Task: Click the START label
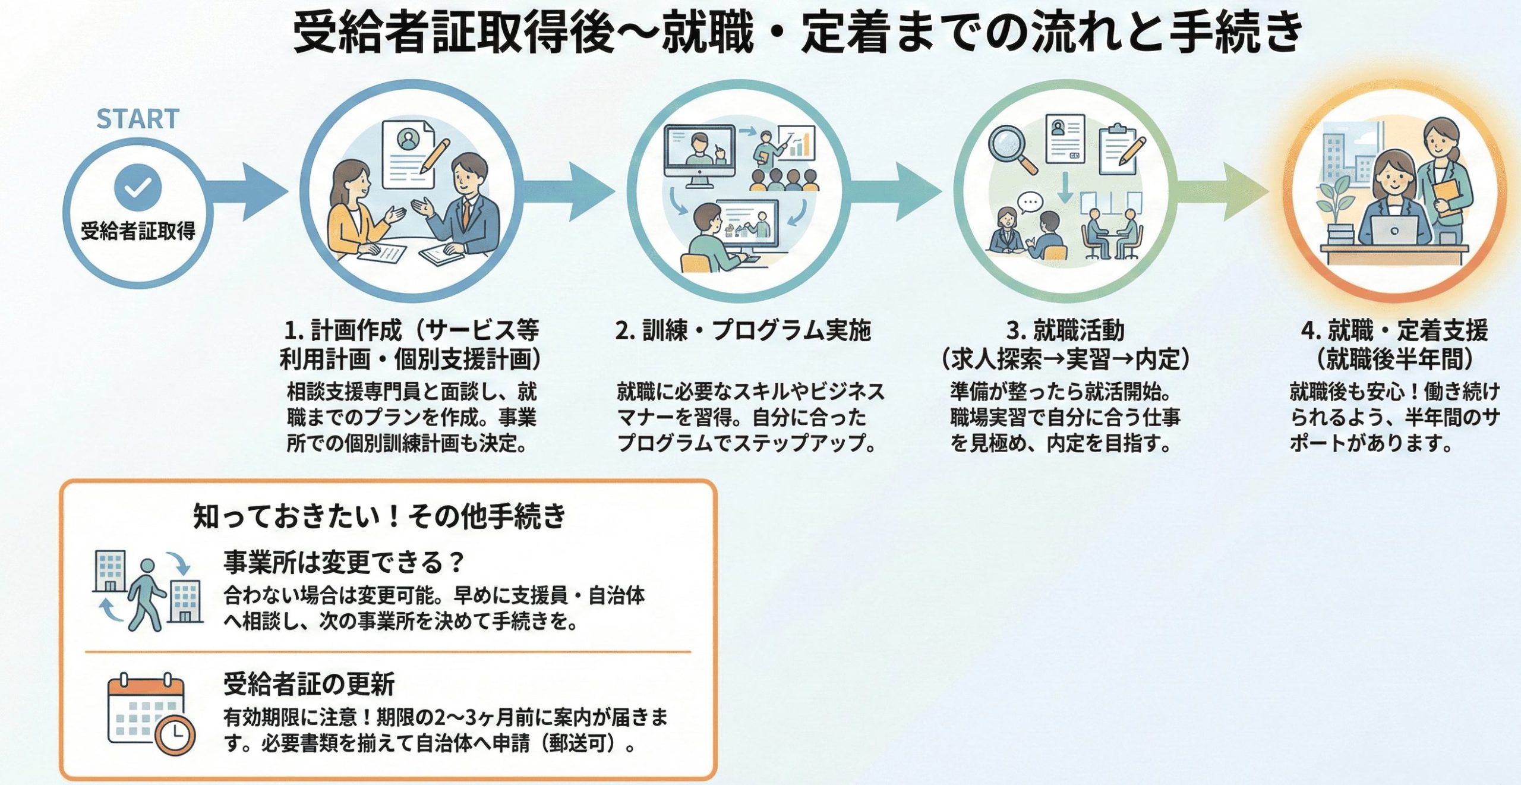point(138,119)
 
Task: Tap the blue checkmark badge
point(138,188)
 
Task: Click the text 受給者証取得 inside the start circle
point(138,231)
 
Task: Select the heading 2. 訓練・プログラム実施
point(743,330)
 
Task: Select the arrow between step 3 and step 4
point(1224,191)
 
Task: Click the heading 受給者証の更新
point(309,684)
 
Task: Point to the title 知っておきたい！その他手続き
point(380,516)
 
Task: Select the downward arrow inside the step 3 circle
point(1065,187)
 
